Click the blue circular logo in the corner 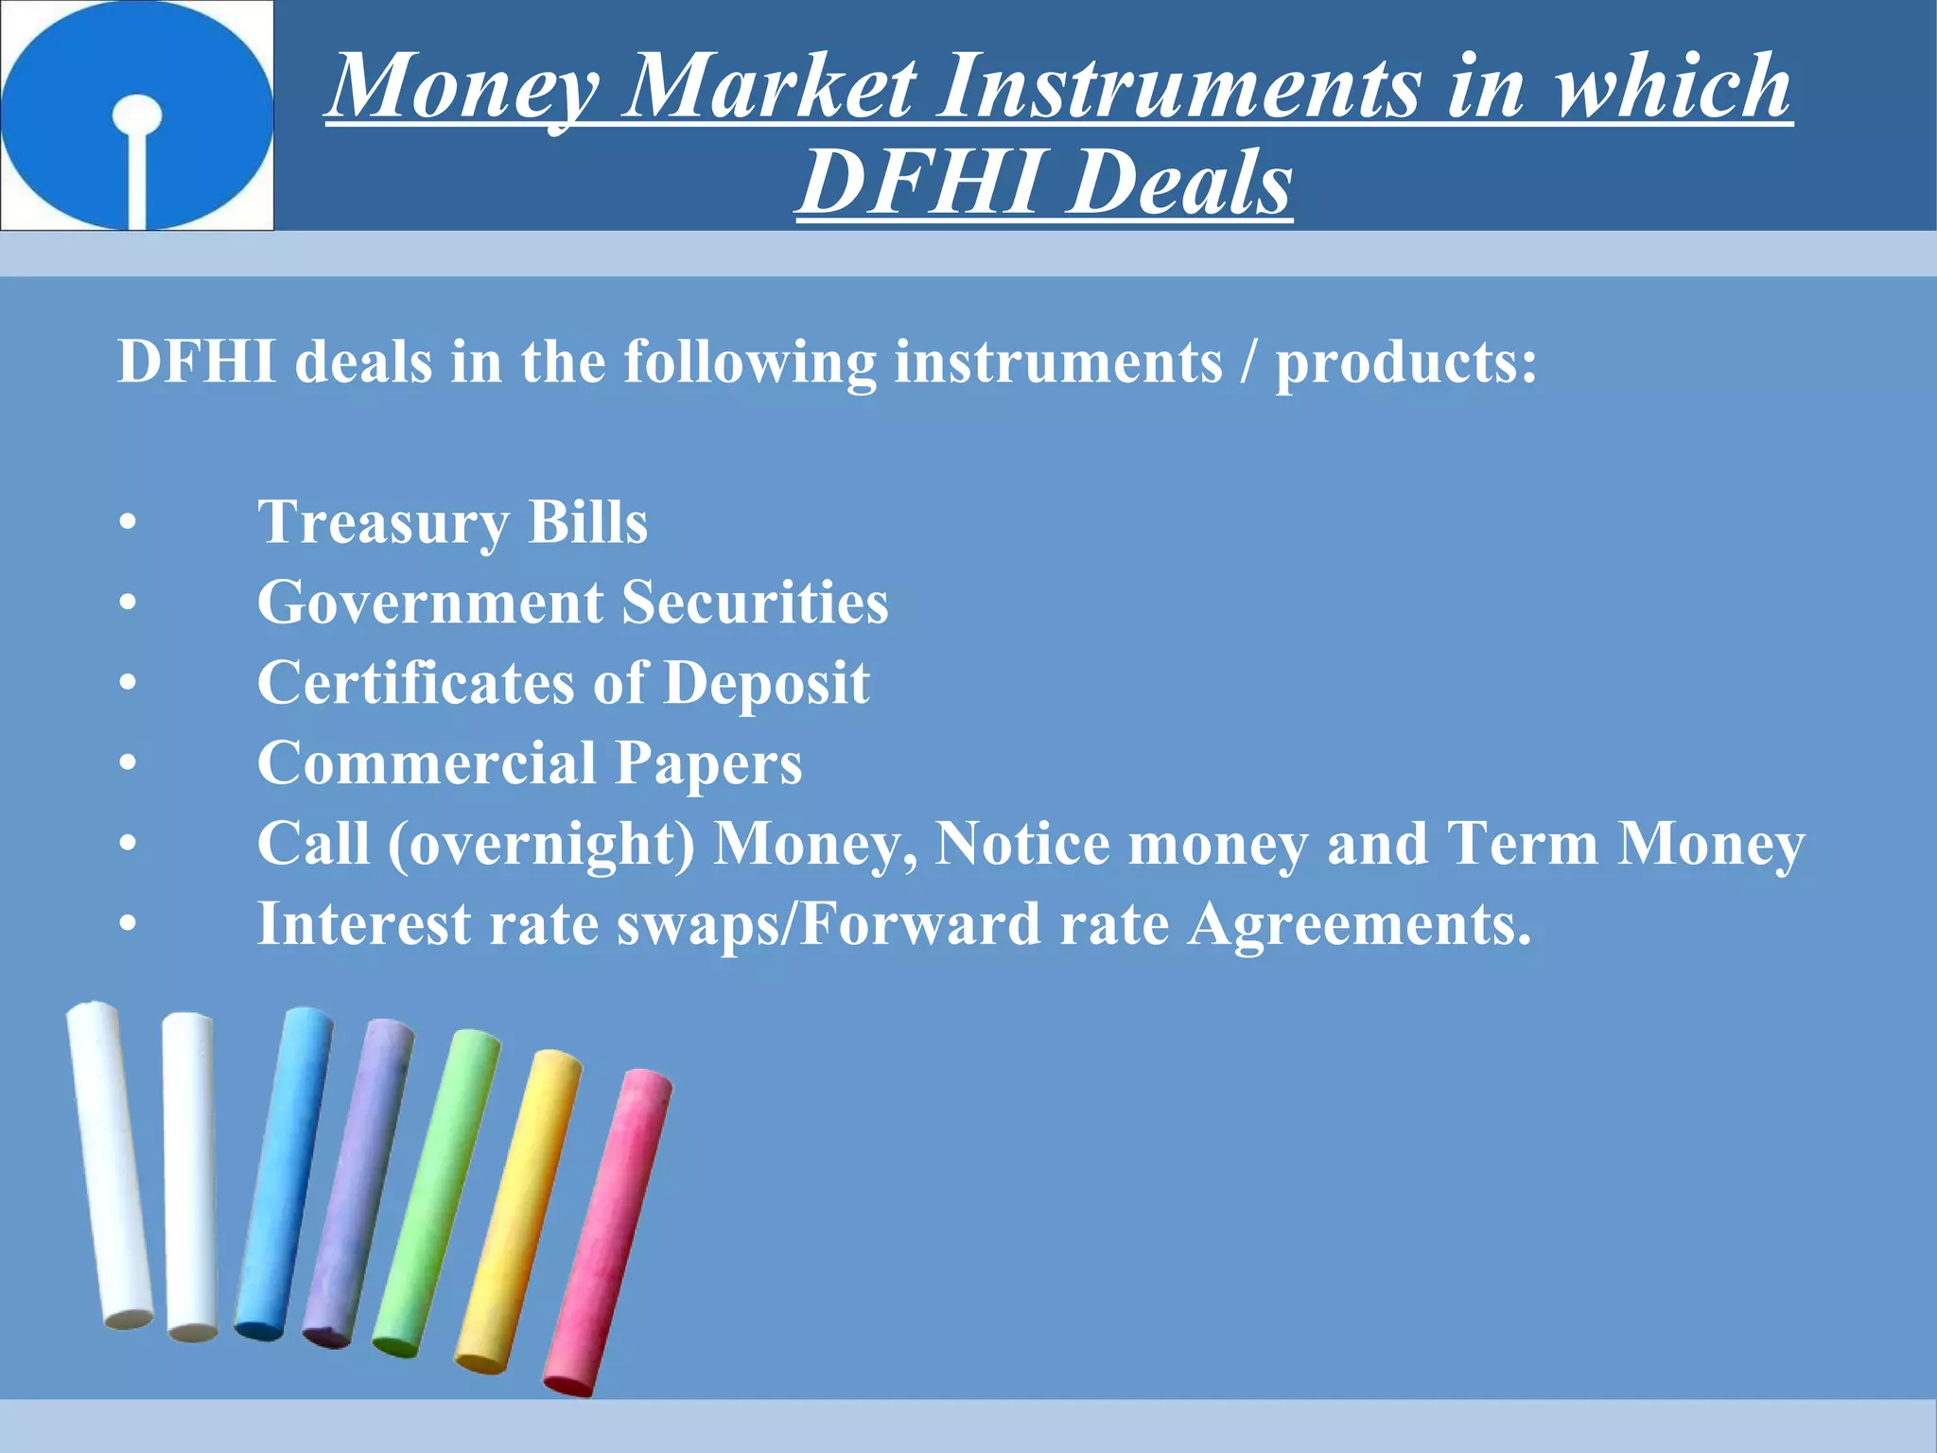[137, 114]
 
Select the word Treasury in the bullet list [383, 522]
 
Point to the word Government [430, 603]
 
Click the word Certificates [415, 683]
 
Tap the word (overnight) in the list [542, 844]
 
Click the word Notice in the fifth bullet [1022, 844]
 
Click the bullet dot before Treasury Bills [128, 523]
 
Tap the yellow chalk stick [518, 1211]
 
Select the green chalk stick [436, 1192]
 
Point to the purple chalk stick [358, 1182]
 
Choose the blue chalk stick [284, 1173]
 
